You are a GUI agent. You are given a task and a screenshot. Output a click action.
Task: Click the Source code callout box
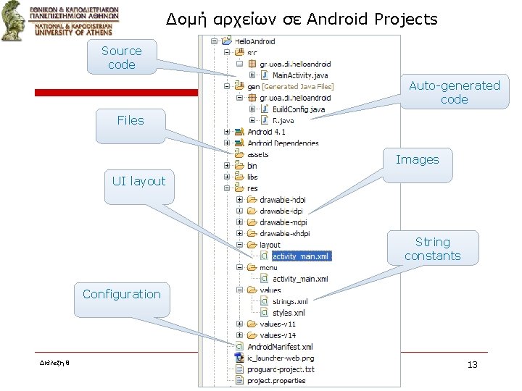pos(121,57)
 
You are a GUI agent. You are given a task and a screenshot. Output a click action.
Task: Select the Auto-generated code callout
pos(454,92)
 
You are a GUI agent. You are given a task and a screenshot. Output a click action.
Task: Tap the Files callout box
pos(130,120)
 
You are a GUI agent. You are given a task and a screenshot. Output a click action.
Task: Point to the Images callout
pos(417,159)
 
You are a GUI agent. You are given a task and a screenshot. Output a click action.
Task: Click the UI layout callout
pos(138,181)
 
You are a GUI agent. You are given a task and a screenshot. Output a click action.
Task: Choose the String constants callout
pos(432,248)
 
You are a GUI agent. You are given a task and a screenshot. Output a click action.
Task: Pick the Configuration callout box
pos(121,294)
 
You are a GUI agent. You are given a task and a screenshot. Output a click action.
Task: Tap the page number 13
pos(472,364)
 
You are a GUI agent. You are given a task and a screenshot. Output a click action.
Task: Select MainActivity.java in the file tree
pos(299,75)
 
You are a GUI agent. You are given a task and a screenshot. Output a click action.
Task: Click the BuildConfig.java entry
pos(298,109)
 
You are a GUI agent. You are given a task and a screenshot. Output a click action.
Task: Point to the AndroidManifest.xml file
pos(279,347)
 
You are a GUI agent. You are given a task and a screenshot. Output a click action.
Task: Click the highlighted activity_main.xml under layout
pos(300,256)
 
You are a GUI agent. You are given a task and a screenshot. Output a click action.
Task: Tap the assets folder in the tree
pos(257,154)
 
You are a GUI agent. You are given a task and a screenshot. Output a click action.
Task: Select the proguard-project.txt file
pos(280,369)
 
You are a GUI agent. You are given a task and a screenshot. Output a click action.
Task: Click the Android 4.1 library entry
pos(266,132)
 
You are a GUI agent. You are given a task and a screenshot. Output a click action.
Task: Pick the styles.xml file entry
pos(288,313)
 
